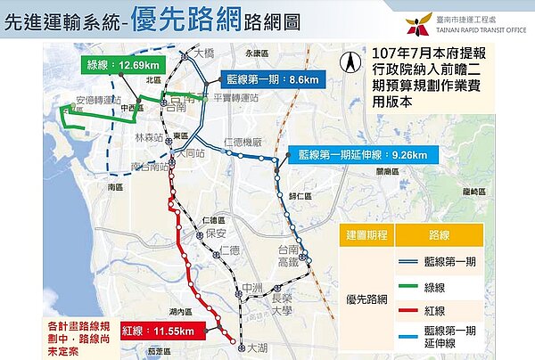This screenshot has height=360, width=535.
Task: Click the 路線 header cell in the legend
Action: coord(448,235)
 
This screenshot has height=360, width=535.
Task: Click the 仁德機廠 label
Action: coord(243,142)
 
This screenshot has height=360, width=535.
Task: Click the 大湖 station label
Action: coord(257,347)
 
